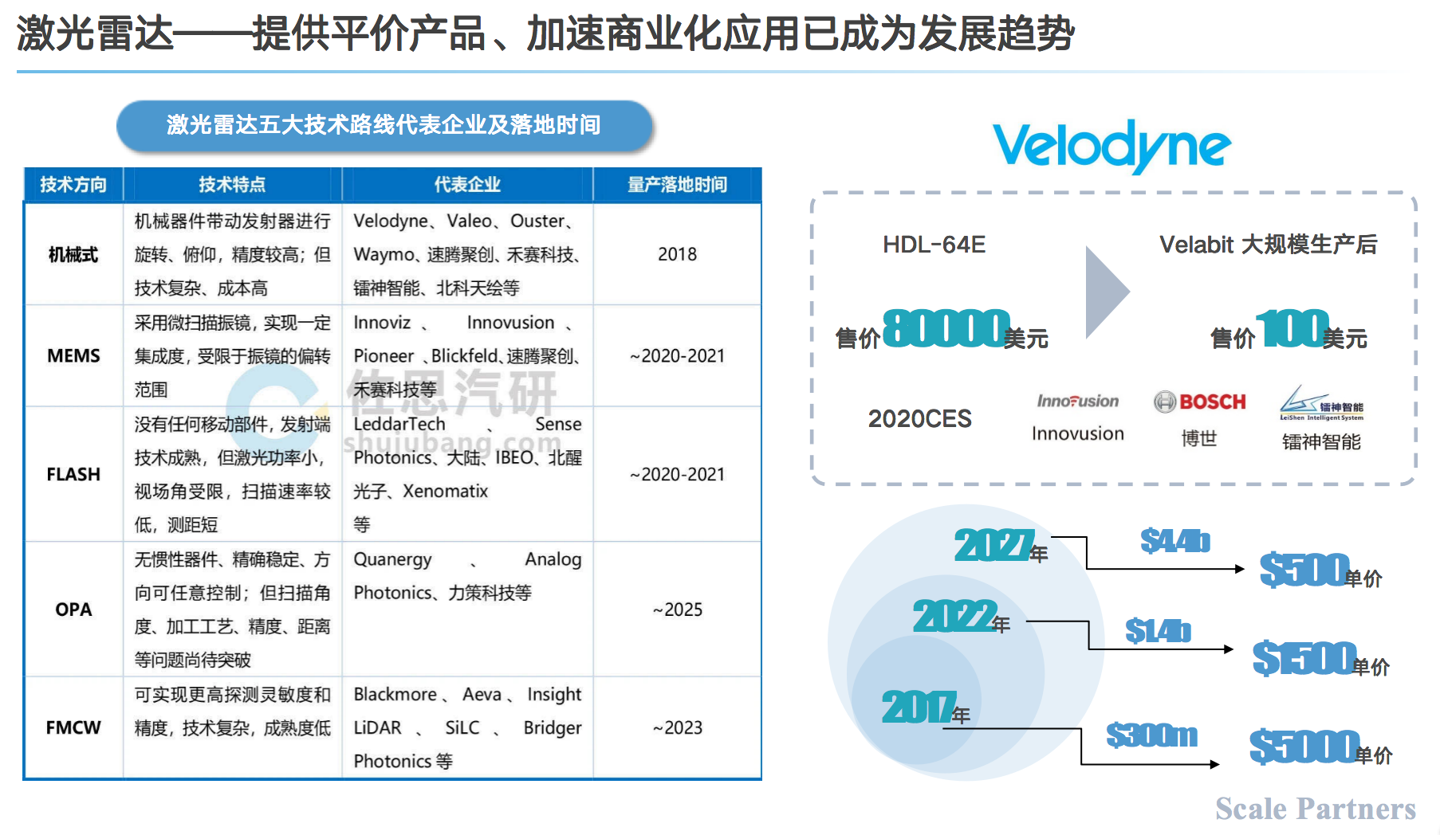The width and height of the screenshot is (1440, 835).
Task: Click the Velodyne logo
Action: click(x=1111, y=146)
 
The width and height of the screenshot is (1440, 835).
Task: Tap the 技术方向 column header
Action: click(x=73, y=185)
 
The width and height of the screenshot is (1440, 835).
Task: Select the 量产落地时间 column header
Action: click(x=677, y=185)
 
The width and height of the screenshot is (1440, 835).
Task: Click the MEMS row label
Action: click(x=73, y=355)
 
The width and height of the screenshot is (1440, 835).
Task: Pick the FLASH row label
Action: click(x=73, y=474)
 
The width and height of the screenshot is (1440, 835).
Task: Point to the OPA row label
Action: click(x=73, y=610)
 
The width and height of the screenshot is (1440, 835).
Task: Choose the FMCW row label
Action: click(x=73, y=727)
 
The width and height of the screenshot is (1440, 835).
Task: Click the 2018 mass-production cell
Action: click(x=677, y=254)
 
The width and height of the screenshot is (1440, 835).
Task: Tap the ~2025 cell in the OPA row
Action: click(x=677, y=610)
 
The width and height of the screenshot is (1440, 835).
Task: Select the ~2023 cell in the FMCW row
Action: click(x=677, y=727)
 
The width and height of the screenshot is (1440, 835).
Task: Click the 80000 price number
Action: click(x=946, y=328)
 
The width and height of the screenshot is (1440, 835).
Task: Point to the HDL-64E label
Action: click(x=934, y=245)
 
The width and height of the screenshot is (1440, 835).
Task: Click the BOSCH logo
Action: click(x=1200, y=402)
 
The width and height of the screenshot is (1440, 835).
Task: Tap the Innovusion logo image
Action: click(x=1077, y=401)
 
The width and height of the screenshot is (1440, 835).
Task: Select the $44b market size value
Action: click(x=1174, y=541)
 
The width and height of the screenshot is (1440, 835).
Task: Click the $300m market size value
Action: click(x=1151, y=735)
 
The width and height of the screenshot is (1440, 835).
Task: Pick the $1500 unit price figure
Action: click(x=1304, y=658)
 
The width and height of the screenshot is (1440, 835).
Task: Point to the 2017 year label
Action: click(x=919, y=707)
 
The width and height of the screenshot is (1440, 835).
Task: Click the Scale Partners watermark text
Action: click(x=1316, y=809)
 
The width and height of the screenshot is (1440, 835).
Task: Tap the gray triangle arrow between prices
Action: click(x=1105, y=292)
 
